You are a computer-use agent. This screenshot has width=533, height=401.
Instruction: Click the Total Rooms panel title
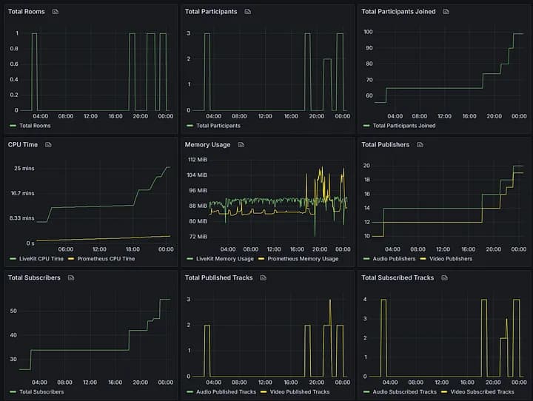click(26, 12)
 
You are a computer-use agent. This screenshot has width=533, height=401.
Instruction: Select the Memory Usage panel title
click(207, 145)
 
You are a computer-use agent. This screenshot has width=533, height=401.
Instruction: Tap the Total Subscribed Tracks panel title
click(398, 278)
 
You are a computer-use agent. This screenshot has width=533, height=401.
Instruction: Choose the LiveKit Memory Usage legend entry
click(224, 259)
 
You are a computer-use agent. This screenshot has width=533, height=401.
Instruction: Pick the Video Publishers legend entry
click(449, 259)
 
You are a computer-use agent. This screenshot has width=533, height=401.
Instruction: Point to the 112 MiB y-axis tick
click(197, 160)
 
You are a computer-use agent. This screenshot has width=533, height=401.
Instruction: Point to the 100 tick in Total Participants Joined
click(368, 33)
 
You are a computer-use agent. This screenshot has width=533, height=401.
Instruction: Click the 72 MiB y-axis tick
click(197, 237)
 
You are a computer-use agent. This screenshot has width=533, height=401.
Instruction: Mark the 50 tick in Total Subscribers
click(13, 311)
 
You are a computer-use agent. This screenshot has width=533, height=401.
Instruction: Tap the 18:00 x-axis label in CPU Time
click(133, 249)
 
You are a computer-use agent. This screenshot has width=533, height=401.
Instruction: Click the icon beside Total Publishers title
click(420, 145)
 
